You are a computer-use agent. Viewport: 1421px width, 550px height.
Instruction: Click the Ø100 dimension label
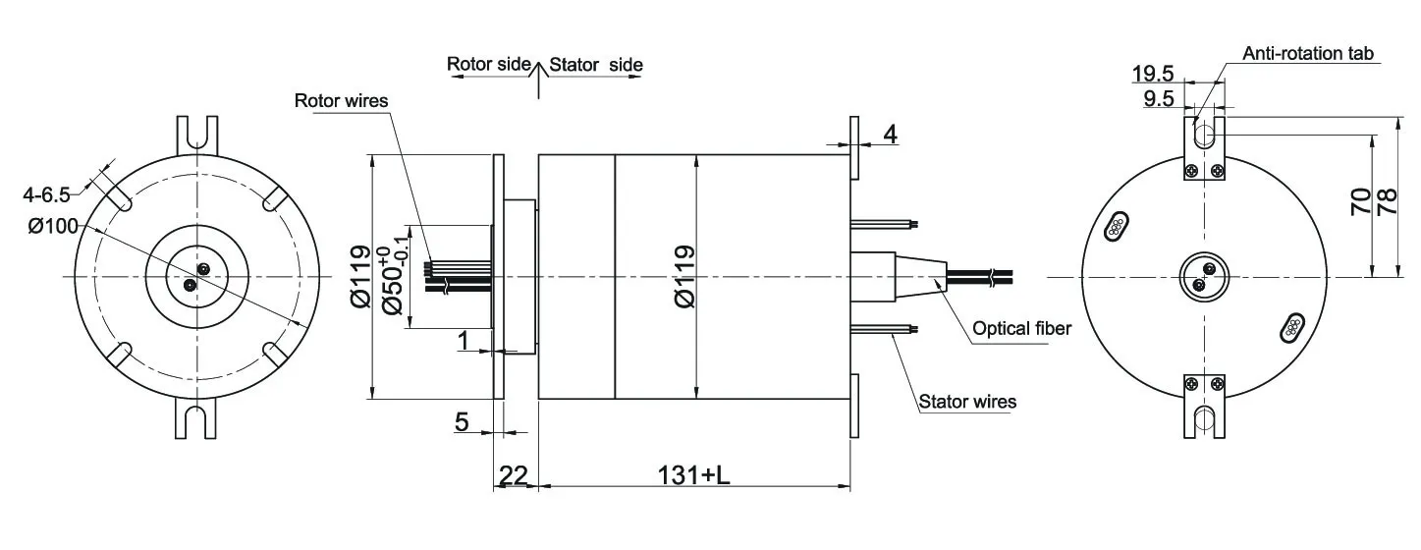53,227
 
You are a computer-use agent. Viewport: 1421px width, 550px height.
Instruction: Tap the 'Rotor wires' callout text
341,100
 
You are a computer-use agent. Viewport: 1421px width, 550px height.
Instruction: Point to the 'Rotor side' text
489,65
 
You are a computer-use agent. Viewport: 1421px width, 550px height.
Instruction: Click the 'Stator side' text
596,65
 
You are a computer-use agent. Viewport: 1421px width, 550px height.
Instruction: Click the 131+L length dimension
693,475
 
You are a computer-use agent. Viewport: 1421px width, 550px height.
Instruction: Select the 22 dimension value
514,475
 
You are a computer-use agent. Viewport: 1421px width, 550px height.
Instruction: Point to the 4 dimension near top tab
888,134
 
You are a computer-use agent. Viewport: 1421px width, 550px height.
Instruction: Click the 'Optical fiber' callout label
1021,329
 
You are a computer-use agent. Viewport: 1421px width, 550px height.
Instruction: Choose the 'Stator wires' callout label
967,402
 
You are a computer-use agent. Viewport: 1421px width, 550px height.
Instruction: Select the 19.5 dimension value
1153,74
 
